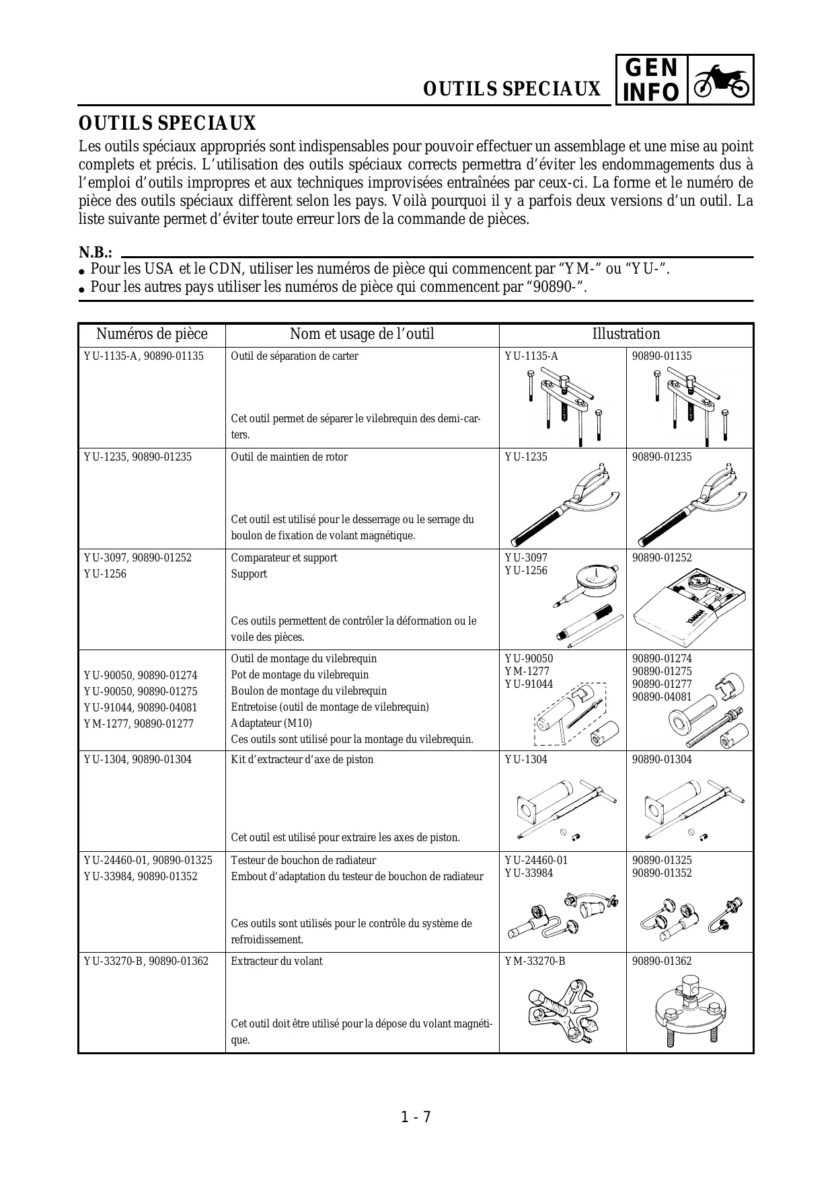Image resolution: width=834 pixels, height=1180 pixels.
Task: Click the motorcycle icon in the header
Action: pos(720,80)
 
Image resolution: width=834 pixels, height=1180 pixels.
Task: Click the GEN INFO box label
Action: pos(651,80)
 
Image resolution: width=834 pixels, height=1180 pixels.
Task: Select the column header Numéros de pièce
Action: pos(151,334)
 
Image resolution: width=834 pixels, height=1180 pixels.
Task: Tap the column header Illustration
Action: pos(625,334)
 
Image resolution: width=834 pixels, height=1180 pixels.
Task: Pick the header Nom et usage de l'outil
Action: pos(362,334)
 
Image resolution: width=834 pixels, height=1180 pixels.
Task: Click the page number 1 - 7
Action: pos(416,1117)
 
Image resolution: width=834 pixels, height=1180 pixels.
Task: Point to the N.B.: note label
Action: pos(96,253)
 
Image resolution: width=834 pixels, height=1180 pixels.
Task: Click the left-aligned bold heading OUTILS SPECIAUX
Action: pos(167,124)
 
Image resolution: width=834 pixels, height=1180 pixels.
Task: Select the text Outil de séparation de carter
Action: pos(295,356)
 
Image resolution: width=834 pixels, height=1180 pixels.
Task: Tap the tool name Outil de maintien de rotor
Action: pos(289,457)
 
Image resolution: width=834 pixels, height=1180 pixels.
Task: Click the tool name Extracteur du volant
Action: pos(276,961)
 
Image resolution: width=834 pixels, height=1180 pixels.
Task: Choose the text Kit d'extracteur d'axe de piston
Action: pos(302,760)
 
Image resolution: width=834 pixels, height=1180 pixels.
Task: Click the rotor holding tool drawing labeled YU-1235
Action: pos(562,504)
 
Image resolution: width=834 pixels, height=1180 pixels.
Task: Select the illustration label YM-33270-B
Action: pos(535,961)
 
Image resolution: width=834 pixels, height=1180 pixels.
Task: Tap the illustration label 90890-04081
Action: pos(662,697)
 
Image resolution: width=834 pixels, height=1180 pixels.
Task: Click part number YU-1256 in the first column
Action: pos(105,574)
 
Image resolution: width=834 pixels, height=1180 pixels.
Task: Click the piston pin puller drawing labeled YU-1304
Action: pos(562,807)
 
